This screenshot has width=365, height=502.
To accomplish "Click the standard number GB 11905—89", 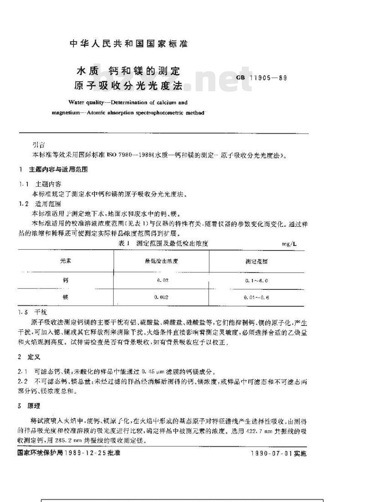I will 262,78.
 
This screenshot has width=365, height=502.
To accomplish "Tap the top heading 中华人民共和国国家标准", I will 129,44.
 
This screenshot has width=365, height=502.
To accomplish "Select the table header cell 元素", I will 66,261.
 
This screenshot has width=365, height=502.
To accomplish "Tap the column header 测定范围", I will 257,262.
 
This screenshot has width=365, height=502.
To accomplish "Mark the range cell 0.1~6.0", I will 257,280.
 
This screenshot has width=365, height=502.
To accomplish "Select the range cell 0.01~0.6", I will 257,298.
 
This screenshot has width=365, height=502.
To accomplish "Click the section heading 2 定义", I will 26,357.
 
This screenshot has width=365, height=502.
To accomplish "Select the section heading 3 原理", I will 26,406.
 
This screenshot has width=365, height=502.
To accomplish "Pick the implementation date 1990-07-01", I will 271,454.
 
